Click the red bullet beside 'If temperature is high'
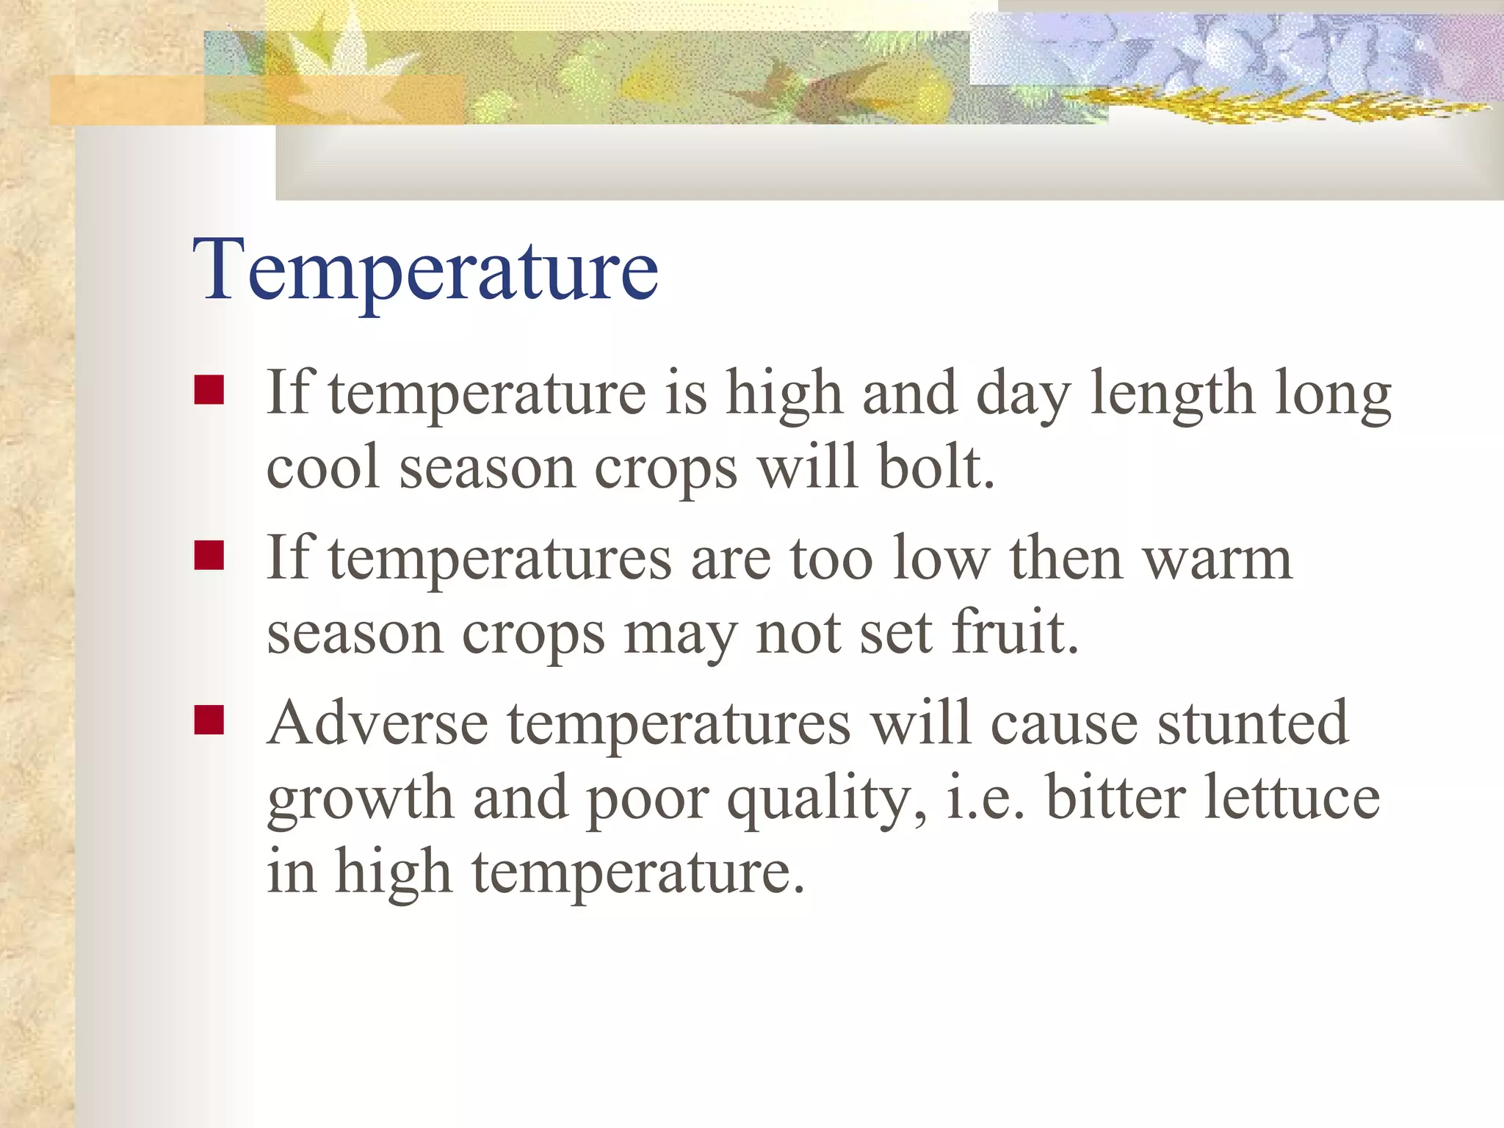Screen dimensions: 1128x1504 click(209, 391)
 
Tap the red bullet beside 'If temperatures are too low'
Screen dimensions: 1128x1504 click(209, 556)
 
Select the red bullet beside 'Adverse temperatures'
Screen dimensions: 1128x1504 click(209, 720)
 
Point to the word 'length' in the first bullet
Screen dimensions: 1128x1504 click(1171, 394)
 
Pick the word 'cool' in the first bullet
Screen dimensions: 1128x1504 click(323, 468)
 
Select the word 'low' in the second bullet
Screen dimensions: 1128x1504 click(941, 560)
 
